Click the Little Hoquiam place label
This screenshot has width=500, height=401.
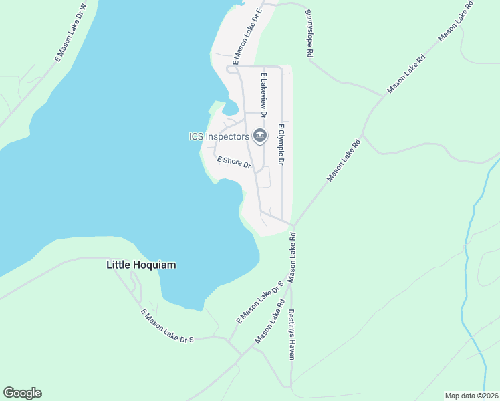[x=141, y=265]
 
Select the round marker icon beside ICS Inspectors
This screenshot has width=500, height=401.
[x=259, y=136]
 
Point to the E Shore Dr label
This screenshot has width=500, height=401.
[x=234, y=162]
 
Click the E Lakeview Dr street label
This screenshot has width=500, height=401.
[x=264, y=96]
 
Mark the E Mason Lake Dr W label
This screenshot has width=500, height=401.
[x=72, y=34]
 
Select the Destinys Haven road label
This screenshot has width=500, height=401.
[x=291, y=334]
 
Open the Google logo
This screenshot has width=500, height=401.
[x=22, y=393]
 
